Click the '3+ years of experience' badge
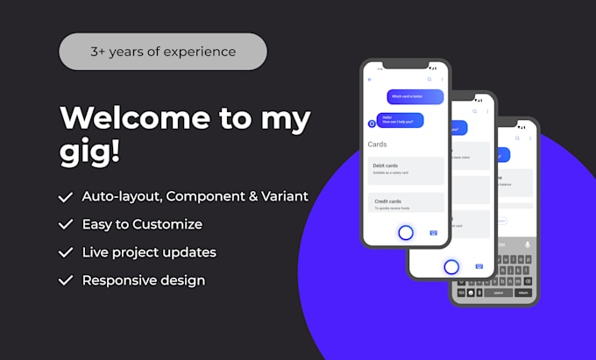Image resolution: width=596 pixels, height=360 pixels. tap(162, 52)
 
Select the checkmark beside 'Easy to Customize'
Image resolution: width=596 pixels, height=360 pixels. tap(66, 224)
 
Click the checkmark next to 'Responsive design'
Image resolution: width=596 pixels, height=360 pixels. tap(66, 280)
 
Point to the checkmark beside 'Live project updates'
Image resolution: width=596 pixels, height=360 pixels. tap(66, 252)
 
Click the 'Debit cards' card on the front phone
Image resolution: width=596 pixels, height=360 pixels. tap(405, 169)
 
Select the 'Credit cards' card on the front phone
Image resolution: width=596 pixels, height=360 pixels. tap(405, 203)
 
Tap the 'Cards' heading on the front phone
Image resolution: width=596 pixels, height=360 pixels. tap(378, 144)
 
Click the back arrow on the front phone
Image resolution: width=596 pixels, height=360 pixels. tap(371, 80)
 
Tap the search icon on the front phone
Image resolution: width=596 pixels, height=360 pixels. tap(429, 80)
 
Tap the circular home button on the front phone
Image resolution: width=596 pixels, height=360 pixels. tap(406, 232)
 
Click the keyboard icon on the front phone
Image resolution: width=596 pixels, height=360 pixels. tap(434, 233)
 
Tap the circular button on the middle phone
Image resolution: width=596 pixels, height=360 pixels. tap(451, 266)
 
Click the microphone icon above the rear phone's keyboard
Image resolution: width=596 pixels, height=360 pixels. tap(527, 244)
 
